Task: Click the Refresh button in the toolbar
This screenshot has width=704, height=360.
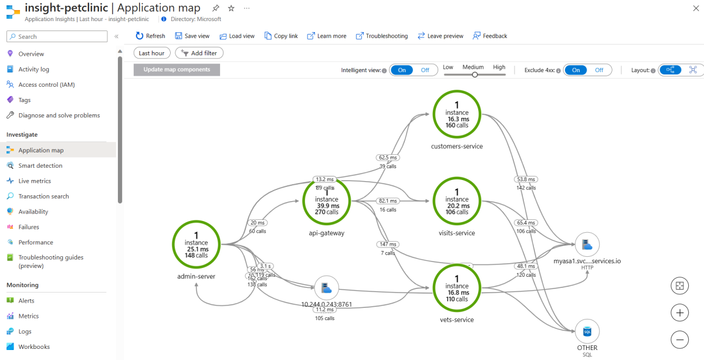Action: click(150, 36)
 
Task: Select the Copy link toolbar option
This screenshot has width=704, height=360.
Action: click(281, 36)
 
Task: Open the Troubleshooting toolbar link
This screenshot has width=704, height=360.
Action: click(381, 36)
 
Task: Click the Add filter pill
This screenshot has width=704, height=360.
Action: click(199, 53)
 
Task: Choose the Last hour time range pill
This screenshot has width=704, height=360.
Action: click(151, 53)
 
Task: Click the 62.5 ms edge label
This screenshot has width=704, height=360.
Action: click(387, 157)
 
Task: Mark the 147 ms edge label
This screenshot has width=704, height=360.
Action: click(387, 244)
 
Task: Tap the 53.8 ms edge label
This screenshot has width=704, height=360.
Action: click(526, 179)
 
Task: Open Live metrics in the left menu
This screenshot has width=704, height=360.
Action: click(34, 181)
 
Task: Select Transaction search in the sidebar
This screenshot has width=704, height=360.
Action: click(43, 196)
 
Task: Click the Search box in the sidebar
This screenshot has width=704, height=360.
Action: click(57, 36)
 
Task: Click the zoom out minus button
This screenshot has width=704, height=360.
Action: click(679, 339)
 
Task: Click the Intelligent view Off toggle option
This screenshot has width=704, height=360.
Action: click(425, 70)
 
